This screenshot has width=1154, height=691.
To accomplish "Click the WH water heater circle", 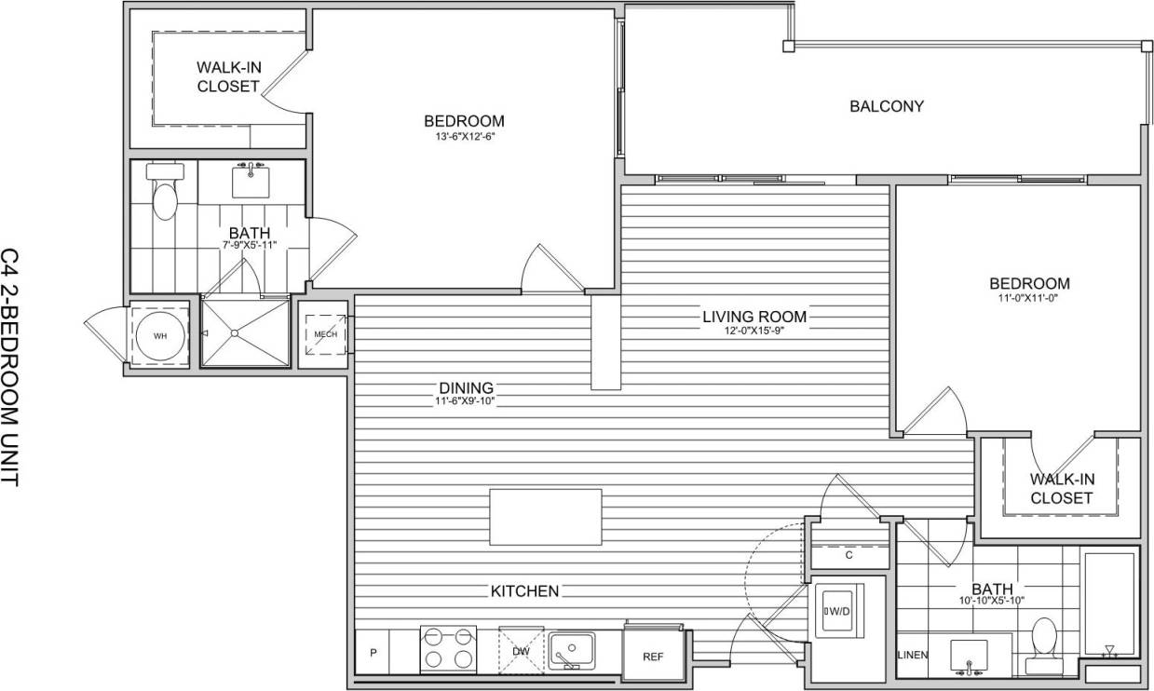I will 160,335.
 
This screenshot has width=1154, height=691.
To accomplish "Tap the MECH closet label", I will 325,334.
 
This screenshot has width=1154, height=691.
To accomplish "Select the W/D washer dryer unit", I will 839,611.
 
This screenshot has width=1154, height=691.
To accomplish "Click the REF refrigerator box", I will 653,656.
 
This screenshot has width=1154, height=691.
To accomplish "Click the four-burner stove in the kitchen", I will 448,648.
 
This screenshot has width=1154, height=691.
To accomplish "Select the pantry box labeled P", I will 373,654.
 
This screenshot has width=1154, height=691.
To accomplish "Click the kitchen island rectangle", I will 546,517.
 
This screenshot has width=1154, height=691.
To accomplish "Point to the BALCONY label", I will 887,106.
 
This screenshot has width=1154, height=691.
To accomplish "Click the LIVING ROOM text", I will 754,317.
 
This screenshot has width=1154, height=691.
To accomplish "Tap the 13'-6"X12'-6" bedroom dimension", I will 464,137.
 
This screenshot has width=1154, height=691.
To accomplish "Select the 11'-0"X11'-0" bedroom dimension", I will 1029,300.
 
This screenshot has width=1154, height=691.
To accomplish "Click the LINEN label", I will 913,655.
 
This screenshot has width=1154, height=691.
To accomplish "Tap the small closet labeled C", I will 849,556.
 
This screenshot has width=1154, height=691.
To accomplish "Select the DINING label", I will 466,387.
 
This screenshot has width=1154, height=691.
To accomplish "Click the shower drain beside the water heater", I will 235,333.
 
